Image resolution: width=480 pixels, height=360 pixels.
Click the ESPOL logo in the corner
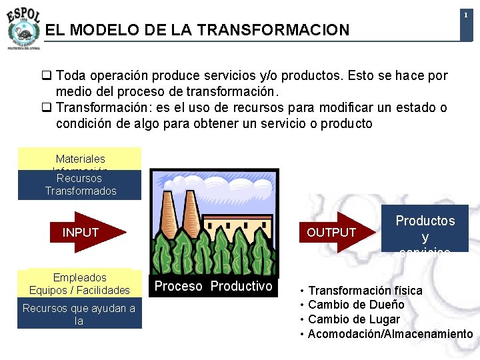click(23, 27)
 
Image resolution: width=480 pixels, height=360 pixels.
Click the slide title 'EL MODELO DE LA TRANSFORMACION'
click(197, 30)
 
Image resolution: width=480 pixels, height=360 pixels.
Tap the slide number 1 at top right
click(465, 15)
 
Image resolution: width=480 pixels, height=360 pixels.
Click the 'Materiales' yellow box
click(80, 159)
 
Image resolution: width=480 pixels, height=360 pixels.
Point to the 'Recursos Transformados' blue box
click(80, 185)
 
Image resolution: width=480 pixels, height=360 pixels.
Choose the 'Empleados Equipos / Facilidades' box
click(80, 283)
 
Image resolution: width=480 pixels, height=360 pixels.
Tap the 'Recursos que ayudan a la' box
click(79, 314)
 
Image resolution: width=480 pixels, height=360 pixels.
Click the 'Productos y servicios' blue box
click(425, 229)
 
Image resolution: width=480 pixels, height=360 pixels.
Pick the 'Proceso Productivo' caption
click(213, 286)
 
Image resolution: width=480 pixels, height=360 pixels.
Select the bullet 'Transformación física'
click(365, 291)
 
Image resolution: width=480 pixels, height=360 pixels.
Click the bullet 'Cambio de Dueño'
click(356, 305)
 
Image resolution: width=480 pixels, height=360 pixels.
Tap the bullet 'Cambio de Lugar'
click(353, 319)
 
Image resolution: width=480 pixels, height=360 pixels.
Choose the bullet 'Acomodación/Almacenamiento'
click(390, 333)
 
